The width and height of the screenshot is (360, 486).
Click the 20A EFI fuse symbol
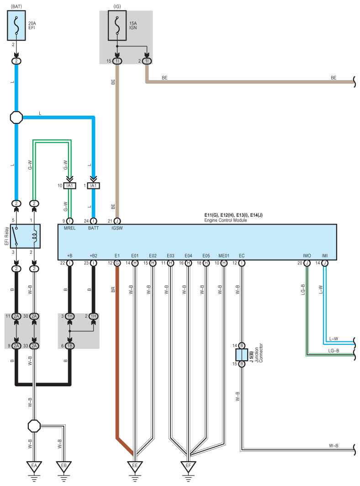point(16,26)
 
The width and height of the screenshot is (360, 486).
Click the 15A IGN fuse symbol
point(117,26)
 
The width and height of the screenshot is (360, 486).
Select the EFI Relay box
point(26,236)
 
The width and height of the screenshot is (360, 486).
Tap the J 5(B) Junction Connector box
point(242,355)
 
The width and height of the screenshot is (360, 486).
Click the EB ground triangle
point(64,467)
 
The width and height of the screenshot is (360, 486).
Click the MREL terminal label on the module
point(70,228)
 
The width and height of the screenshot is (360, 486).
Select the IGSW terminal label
point(117,228)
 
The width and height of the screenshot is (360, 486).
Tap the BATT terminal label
point(93,228)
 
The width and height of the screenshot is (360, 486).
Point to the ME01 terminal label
point(224,256)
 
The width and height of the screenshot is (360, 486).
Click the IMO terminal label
point(307,256)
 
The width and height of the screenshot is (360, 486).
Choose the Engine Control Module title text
point(226,220)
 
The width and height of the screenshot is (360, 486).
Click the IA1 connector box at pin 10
point(70,186)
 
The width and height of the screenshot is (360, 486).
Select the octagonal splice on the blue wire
point(16,117)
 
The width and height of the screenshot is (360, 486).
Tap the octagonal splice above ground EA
point(34,426)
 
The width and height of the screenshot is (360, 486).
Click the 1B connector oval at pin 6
point(70,346)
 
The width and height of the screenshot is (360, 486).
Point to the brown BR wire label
point(113,289)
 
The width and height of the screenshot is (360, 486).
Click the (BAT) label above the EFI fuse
point(16,6)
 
